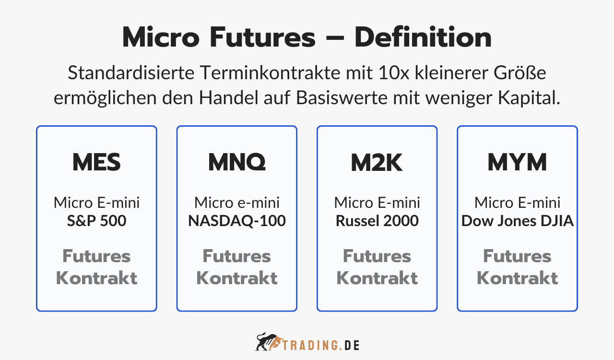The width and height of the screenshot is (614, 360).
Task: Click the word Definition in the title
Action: (x=423, y=38)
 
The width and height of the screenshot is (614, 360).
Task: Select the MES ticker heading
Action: (x=96, y=163)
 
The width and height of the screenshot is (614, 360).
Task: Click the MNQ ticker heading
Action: (x=237, y=163)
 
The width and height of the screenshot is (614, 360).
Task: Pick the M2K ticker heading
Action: (x=377, y=163)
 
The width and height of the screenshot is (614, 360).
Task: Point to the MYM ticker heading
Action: (x=517, y=163)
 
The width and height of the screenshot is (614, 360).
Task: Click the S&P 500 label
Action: (x=96, y=221)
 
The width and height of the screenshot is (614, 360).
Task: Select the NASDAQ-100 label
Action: (x=237, y=221)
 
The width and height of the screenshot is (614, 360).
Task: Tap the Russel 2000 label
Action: (x=377, y=221)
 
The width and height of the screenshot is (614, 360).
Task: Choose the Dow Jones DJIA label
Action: (x=517, y=221)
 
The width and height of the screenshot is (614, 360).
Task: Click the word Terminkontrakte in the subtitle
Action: (x=269, y=73)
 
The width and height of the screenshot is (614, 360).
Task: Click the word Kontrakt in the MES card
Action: (x=96, y=278)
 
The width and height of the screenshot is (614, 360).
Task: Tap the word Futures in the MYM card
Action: (x=517, y=256)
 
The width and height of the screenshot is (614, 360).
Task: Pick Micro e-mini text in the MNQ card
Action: (x=237, y=203)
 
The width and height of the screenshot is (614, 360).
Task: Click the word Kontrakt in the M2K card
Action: (x=377, y=278)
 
